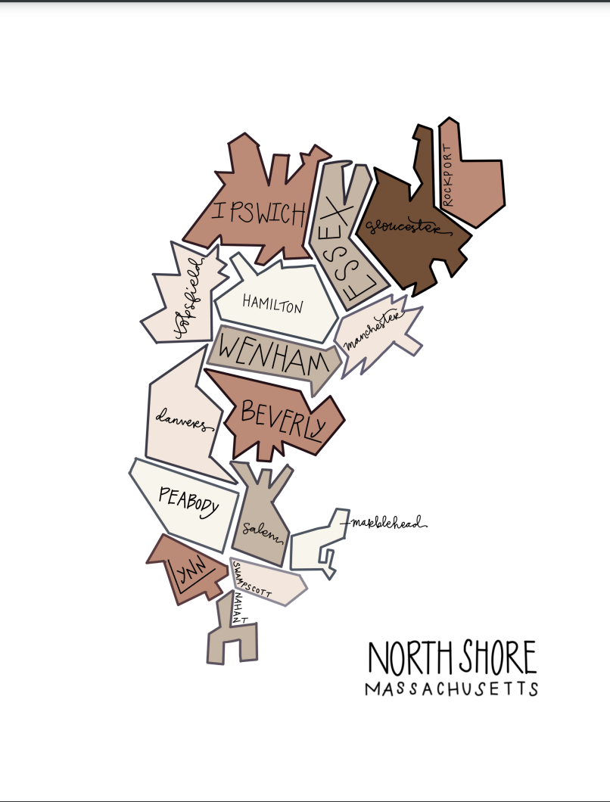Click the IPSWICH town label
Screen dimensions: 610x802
(260, 213)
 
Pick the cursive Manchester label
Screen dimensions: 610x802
(372, 332)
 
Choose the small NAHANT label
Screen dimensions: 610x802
(240, 609)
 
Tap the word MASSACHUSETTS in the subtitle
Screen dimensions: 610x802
(451, 689)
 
